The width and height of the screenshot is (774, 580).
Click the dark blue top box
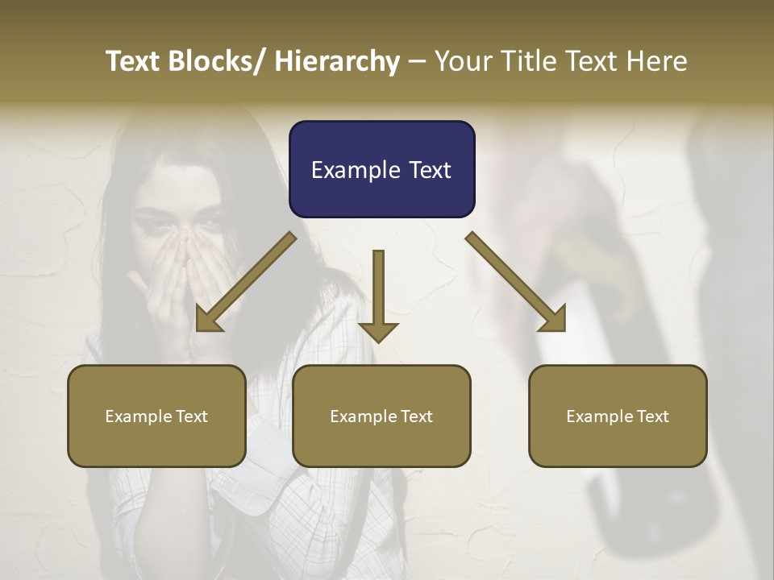coord(381,169)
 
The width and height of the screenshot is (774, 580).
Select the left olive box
coord(156,416)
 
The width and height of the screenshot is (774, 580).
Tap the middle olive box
coord(381,416)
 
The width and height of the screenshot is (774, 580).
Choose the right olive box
coord(618,416)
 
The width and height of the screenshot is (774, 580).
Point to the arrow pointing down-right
coord(516,282)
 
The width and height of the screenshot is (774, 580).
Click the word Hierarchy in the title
coord(337,61)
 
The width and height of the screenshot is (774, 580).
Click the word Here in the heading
coord(657,61)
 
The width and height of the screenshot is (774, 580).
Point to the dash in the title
coord(417,61)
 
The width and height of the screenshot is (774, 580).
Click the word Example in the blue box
coord(356,170)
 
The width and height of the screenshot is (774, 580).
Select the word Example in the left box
coord(137,416)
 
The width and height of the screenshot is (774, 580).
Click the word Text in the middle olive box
coord(415,416)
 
